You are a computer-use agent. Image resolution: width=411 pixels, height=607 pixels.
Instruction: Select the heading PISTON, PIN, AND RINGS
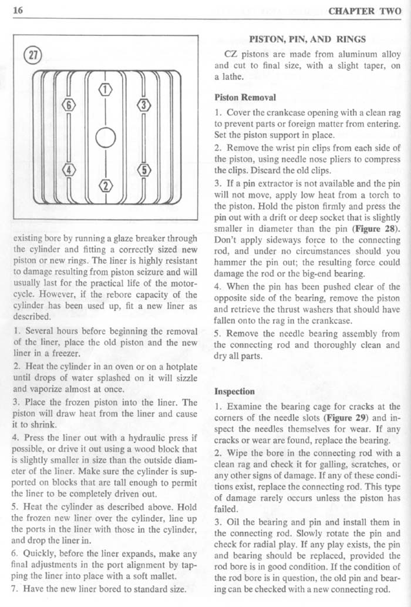308,40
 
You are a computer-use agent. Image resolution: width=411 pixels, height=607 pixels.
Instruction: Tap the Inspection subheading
234,391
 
